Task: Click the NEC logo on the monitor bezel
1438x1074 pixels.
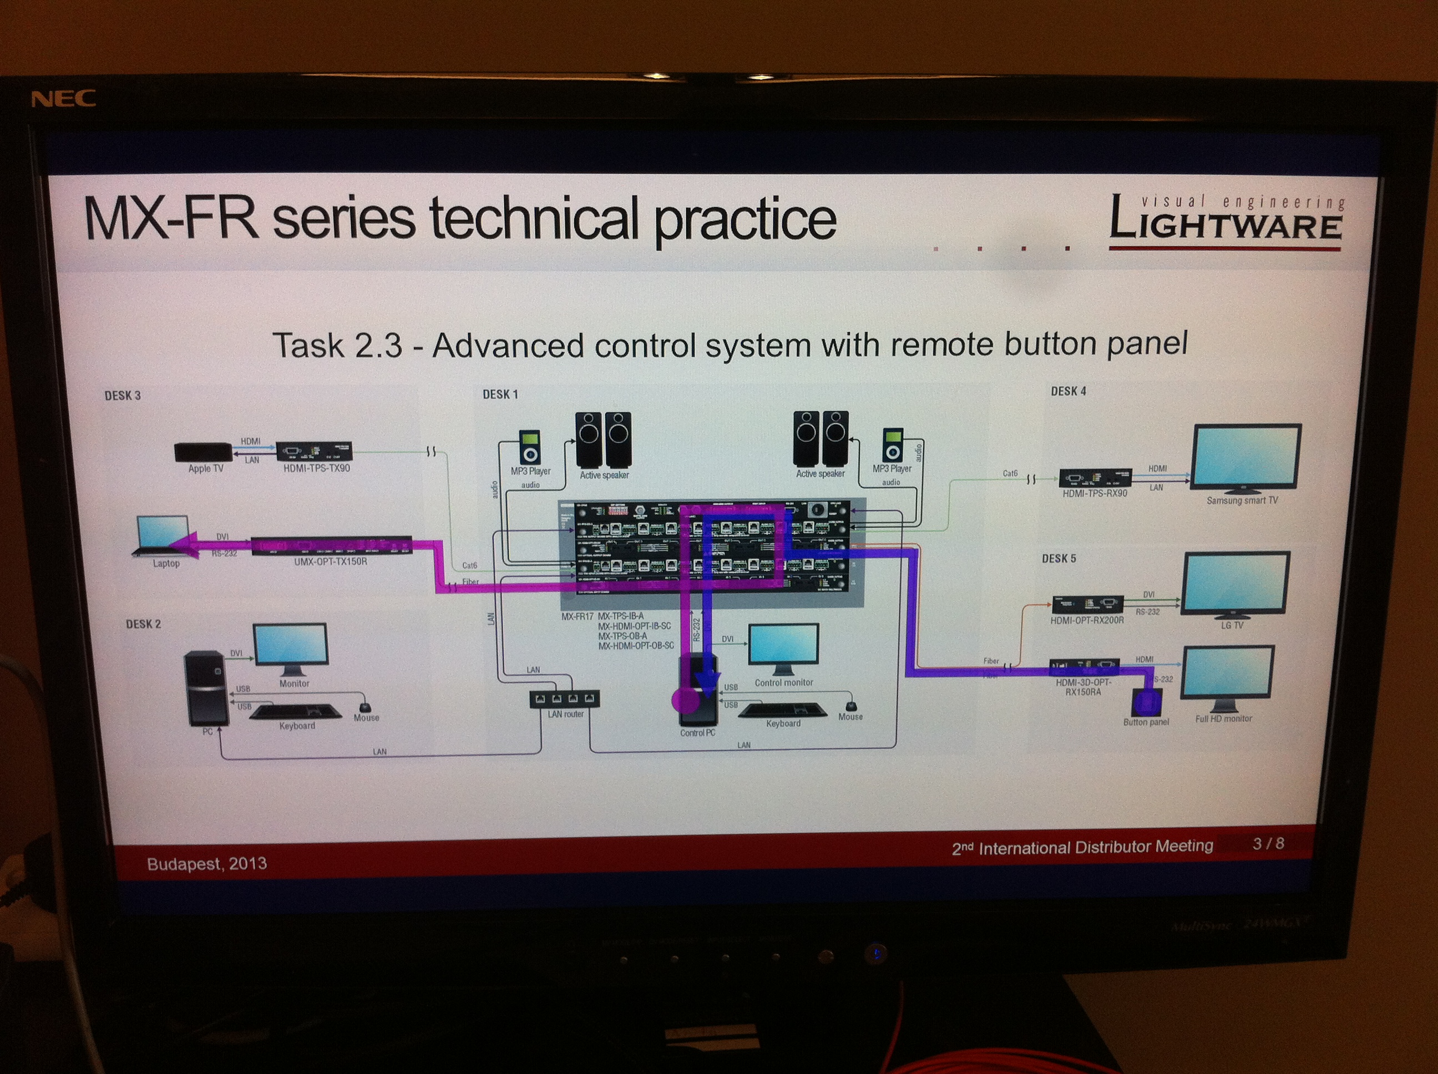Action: tap(63, 99)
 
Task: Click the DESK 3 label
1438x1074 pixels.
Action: tap(122, 396)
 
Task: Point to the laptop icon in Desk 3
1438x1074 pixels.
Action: tap(163, 536)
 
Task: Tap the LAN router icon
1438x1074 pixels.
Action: tap(564, 699)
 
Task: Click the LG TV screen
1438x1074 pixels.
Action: tap(1235, 582)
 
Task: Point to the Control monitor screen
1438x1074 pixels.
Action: tap(783, 644)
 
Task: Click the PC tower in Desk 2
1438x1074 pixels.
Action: tap(206, 688)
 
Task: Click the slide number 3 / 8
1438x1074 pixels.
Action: tap(1268, 844)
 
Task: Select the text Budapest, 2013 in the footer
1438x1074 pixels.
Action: tap(207, 863)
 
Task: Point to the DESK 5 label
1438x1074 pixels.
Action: tap(1059, 559)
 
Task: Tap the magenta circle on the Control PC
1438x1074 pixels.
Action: tap(685, 700)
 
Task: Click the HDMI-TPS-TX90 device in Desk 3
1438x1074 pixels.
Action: tap(314, 451)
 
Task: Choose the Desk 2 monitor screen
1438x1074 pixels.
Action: tap(291, 644)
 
